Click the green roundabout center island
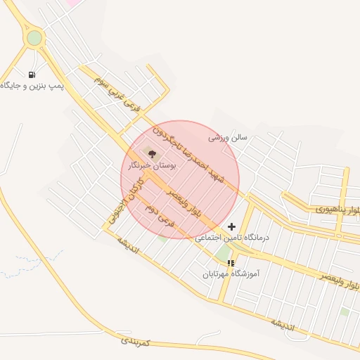(33, 38)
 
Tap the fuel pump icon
(32, 75)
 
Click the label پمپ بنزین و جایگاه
(32, 86)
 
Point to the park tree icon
(153, 153)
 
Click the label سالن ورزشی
(227, 138)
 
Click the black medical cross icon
(232, 226)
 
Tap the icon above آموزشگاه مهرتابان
(231, 263)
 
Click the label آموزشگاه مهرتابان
(231, 274)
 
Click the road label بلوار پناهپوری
(337, 210)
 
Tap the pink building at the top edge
(72, 3)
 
